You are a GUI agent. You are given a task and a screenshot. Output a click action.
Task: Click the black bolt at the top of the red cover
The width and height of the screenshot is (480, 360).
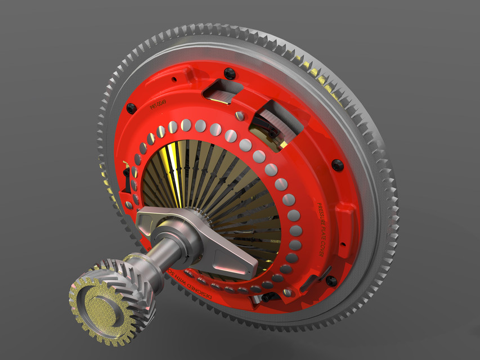pyautogui.click(x=229, y=73)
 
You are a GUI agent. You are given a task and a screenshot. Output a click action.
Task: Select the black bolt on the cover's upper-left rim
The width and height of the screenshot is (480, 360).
pyautogui.click(x=131, y=109)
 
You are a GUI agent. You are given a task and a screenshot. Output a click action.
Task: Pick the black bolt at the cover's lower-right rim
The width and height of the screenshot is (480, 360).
pyautogui.click(x=331, y=280)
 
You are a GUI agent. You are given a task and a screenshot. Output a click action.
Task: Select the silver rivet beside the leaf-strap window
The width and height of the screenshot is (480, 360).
pyautogui.click(x=240, y=116)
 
